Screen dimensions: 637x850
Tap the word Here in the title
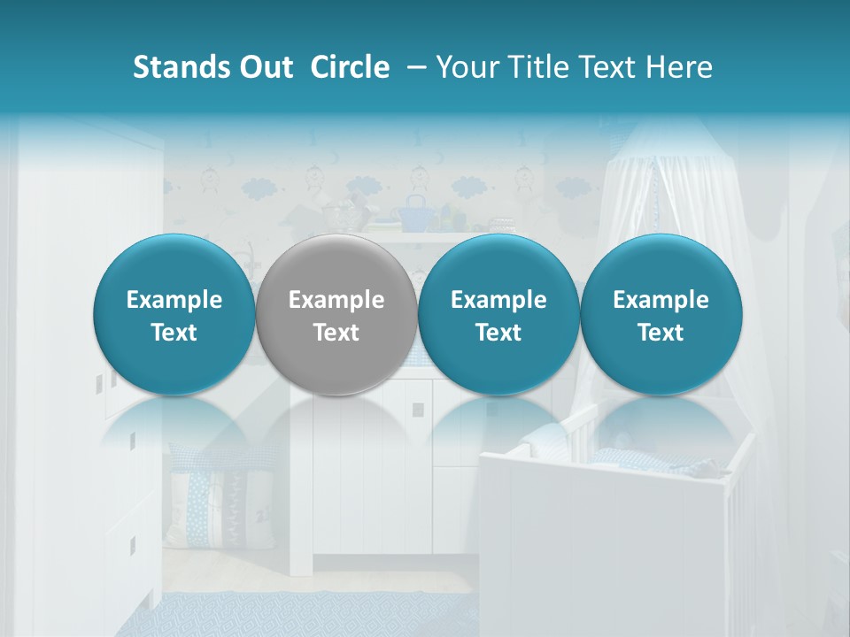[x=679, y=67]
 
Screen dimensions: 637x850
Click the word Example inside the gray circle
[x=336, y=300]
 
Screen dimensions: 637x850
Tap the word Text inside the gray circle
[x=336, y=333]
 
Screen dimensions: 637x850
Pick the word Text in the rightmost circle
[x=661, y=333]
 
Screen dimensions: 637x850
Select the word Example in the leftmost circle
[x=174, y=300]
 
